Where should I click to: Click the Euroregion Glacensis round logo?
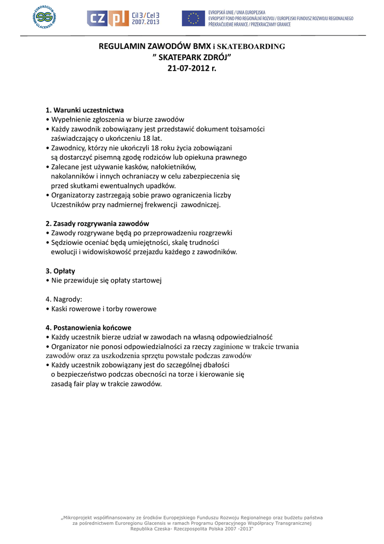point(45,18)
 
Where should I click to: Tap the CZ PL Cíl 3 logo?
point(123,19)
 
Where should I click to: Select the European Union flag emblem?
point(193,19)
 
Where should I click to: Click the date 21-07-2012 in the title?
point(188,69)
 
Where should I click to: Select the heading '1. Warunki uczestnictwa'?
point(85,110)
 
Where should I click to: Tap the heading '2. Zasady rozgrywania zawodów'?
point(97,224)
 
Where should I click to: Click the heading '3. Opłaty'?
point(60,270)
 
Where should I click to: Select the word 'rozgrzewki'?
point(214,233)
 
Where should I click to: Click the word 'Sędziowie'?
point(67,242)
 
